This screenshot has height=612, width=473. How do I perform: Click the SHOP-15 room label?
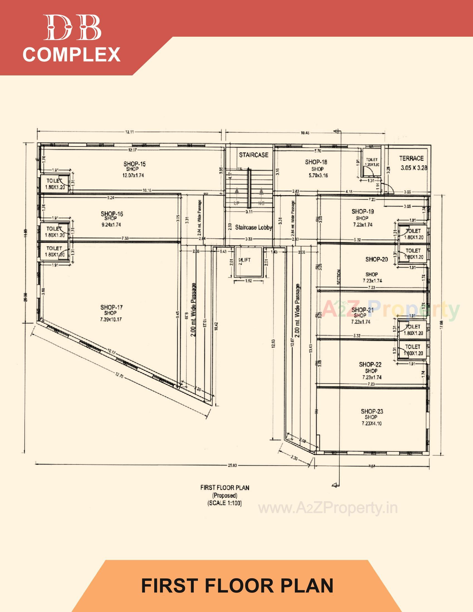click(134, 164)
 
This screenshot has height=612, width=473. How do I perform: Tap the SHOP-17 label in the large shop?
click(111, 307)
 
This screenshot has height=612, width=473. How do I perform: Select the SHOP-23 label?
click(372, 411)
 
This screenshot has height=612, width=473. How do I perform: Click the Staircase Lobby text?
click(253, 228)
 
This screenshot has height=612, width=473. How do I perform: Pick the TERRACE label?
click(411, 159)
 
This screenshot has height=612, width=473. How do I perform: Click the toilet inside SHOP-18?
click(372, 162)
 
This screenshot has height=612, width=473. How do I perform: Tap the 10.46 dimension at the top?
click(305, 133)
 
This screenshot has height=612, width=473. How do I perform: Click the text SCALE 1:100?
click(225, 503)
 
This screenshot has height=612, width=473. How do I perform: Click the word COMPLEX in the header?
click(72, 55)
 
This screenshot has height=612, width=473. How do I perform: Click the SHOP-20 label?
click(376, 260)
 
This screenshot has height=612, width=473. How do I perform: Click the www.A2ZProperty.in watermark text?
click(328, 508)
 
